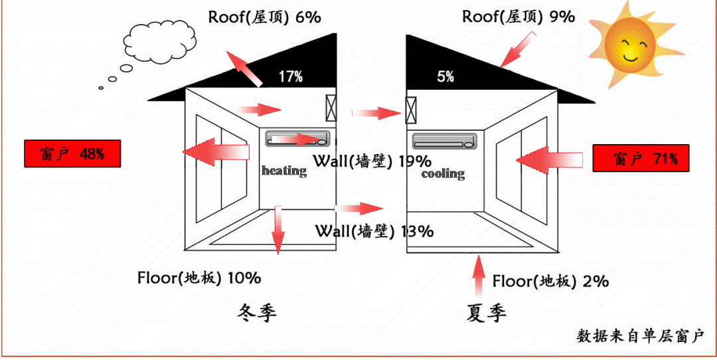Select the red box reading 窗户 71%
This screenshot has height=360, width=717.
point(641,159)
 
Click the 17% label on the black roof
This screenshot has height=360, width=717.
point(290,77)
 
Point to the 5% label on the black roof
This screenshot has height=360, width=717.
point(445,77)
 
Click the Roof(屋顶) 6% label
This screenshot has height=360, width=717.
point(264,17)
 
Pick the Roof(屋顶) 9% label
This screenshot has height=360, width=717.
point(518,17)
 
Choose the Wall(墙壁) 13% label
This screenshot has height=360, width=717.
point(374,231)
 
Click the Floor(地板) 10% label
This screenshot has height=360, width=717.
point(199,278)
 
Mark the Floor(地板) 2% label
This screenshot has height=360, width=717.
point(550,281)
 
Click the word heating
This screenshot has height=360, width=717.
point(284,171)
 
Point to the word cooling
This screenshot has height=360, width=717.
point(443,174)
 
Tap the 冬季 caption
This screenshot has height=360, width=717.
point(256,313)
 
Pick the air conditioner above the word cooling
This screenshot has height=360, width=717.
point(444,141)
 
